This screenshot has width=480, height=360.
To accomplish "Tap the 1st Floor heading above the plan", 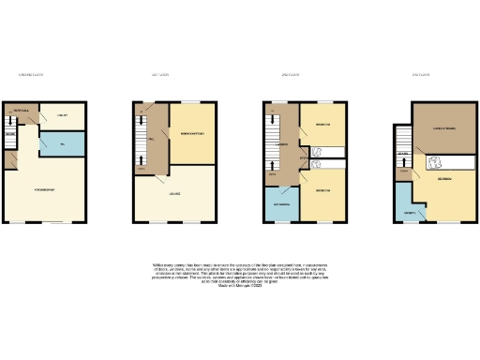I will [x=158, y=74].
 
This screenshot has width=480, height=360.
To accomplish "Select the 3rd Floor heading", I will [x=420, y=74].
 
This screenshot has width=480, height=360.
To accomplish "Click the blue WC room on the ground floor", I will [x=61, y=143].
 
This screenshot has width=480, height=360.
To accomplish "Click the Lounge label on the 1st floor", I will [x=173, y=194].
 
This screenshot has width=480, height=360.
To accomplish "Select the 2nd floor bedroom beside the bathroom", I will [x=322, y=191].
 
